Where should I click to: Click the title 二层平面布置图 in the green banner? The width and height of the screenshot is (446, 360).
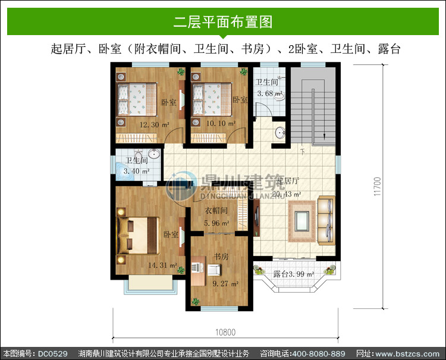[223, 21]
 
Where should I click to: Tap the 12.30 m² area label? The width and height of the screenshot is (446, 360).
[155, 124]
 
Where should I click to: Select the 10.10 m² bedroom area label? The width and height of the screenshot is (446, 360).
[221, 124]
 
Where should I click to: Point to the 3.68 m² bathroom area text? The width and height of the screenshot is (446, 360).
[269, 93]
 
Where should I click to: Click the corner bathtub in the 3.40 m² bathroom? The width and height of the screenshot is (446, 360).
[124, 171]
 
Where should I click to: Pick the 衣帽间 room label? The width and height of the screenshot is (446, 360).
[216, 211]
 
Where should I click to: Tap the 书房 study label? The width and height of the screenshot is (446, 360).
[221, 256]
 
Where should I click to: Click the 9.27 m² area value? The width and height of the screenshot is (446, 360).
[225, 284]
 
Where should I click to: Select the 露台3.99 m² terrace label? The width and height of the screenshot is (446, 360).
[293, 274]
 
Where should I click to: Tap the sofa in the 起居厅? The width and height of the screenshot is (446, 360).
[326, 220]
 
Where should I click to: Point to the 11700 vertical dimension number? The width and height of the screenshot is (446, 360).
[377, 186]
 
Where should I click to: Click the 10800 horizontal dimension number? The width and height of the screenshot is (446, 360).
[225, 333]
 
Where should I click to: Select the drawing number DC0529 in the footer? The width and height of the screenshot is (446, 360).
[52, 353]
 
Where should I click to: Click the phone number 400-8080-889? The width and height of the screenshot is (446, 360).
[319, 353]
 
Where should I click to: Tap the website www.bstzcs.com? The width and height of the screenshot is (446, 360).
[407, 353]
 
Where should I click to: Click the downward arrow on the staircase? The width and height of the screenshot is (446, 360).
[324, 137]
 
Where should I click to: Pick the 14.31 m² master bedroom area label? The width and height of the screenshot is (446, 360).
[162, 265]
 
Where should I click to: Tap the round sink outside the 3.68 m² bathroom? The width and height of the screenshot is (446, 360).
[280, 133]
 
